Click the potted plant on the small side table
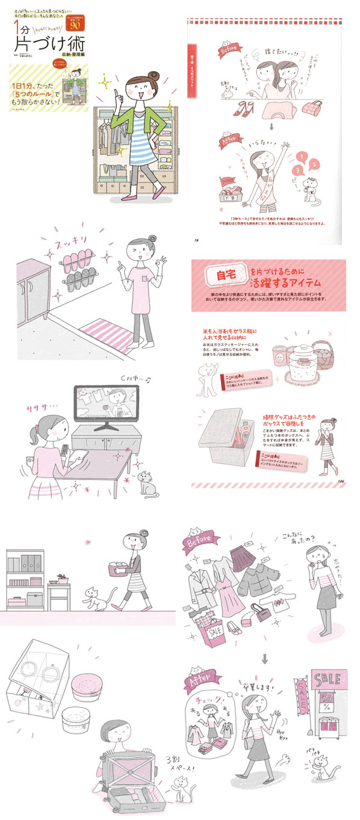(61, 578)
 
